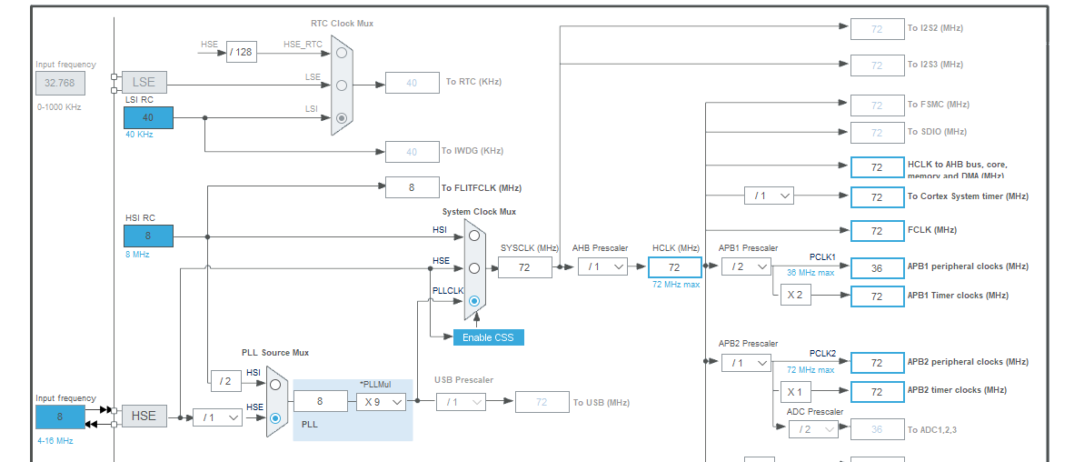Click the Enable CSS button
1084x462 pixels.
pyautogui.click(x=489, y=337)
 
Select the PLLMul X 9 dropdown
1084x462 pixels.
pyautogui.click(x=381, y=401)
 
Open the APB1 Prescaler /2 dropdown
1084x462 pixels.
pyautogui.click(x=746, y=266)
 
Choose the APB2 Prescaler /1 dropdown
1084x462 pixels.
pyautogui.click(x=746, y=362)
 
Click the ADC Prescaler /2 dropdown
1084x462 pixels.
pyautogui.click(x=812, y=429)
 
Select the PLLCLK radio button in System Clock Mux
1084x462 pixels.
pyautogui.click(x=473, y=301)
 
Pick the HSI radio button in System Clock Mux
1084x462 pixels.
pyautogui.click(x=473, y=235)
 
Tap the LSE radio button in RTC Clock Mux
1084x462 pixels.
pyautogui.click(x=341, y=85)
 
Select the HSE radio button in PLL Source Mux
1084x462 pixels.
pyautogui.click(x=275, y=417)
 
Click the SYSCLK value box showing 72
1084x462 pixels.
pyautogui.click(x=524, y=266)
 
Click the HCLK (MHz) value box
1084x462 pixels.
pyautogui.click(x=674, y=266)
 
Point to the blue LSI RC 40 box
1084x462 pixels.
pyautogui.click(x=148, y=117)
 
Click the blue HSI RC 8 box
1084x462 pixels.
pyautogui.click(x=148, y=236)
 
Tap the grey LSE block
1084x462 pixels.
pyautogui.click(x=144, y=82)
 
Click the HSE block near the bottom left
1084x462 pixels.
pyautogui.click(x=144, y=416)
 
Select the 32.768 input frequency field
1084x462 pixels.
pyautogui.click(x=61, y=84)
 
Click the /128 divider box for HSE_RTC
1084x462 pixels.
pyautogui.click(x=241, y=52)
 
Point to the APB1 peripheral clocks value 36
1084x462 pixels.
pyautogui.click(x=877, y=268)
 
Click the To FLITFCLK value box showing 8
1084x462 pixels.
pyautogui.click(x=412, y=187)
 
